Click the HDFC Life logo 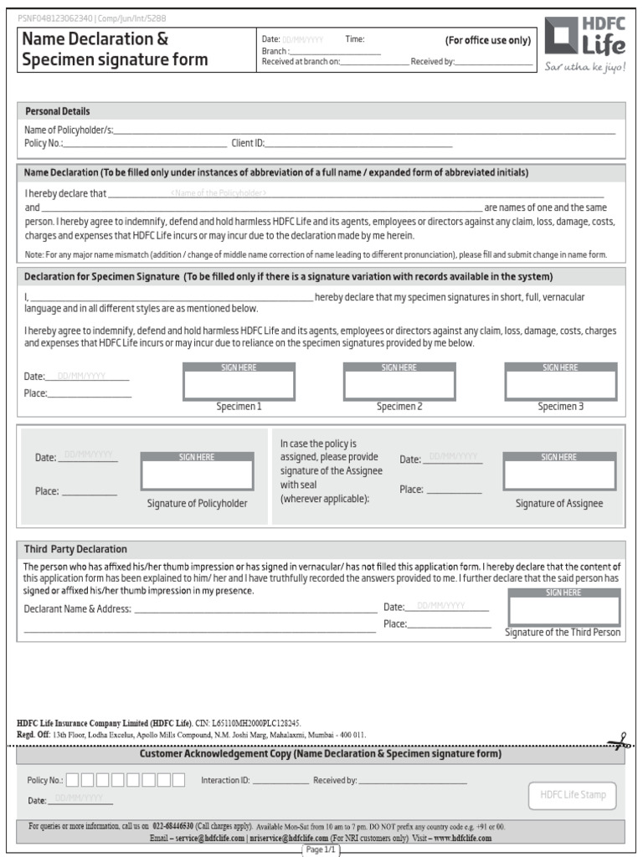pos(584,39)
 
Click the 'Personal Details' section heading pos(58,111)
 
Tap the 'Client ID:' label pos(248,143)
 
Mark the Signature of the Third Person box pos(563,610)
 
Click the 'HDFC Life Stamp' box pos(573,795)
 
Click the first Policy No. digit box pos(73,780)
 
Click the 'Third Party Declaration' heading pos(75,549)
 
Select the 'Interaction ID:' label pos(225,781)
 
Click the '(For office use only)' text pos(487,40)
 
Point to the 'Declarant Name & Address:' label pos(78,608)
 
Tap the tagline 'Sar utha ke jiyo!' pos(584,67)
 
